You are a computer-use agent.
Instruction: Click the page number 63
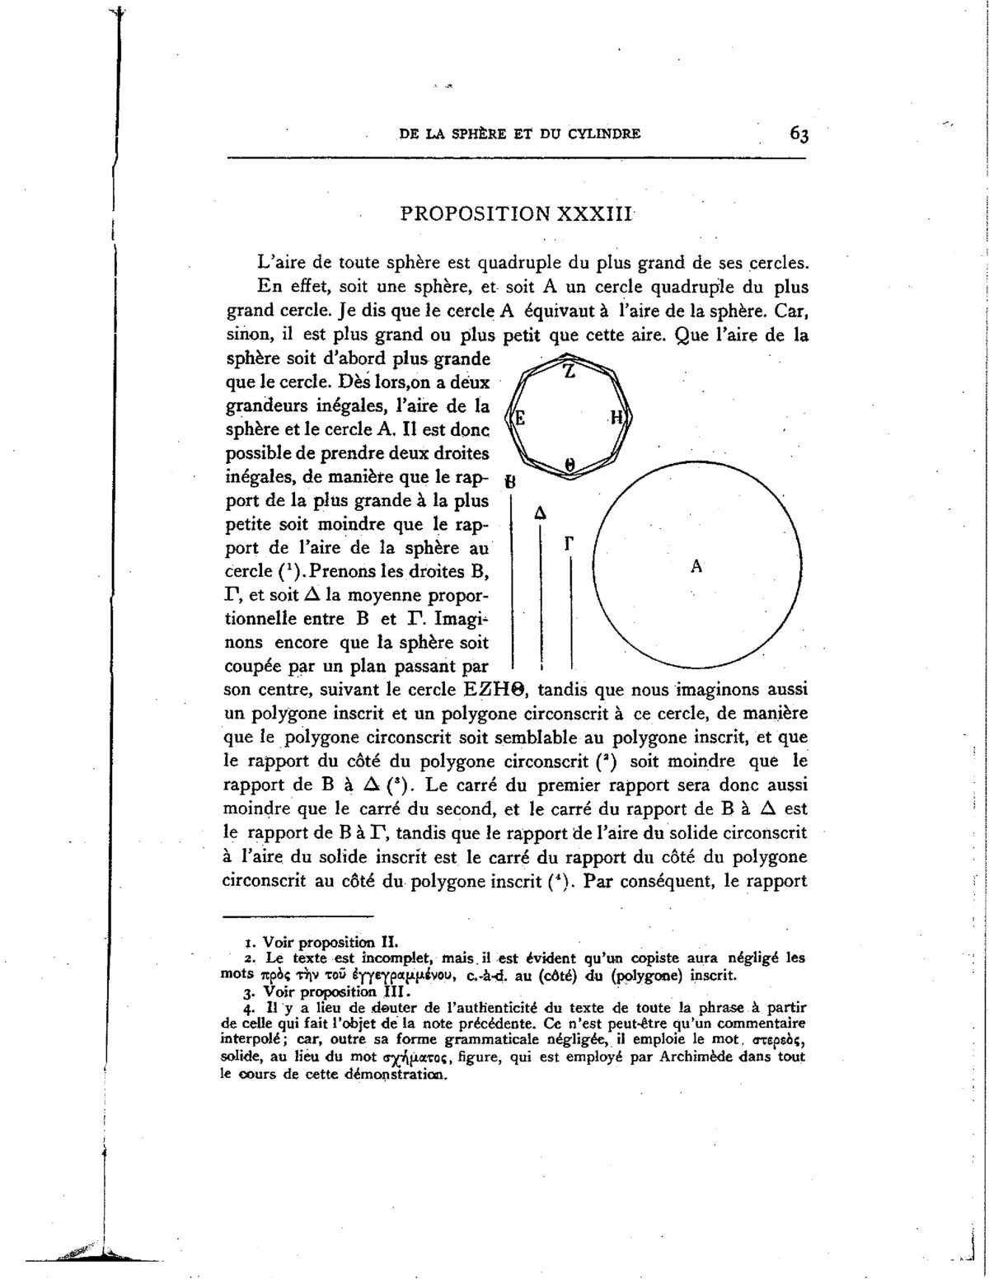point(798,134)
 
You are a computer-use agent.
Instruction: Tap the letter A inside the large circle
point(696,566)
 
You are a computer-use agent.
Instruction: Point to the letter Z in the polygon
point(569,372)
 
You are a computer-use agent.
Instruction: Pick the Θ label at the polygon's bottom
point(569,465)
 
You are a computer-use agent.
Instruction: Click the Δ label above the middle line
point(540,513)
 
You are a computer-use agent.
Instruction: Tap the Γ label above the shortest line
point(569,543)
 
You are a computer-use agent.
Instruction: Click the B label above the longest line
point(512,481)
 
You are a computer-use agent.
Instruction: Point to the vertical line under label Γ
point(570,614)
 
